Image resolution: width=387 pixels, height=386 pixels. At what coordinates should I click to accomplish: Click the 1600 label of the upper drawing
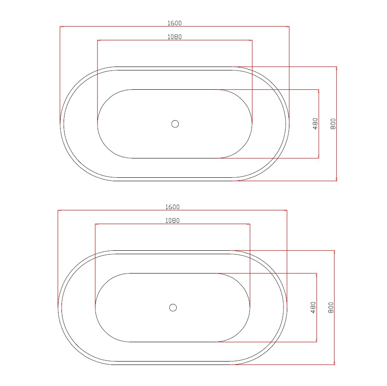tap(175, 23)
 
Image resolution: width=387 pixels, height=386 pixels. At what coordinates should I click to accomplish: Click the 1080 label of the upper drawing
tap(175, 37)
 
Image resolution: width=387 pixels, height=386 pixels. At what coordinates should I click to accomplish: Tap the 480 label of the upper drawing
tap(315, 124)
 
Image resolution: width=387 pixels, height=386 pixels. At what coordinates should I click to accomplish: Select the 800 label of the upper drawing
tap(333, 124)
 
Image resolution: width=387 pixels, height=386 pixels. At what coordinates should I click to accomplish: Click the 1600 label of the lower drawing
tap(172, 207)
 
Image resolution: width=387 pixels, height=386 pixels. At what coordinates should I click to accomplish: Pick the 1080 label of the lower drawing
tap(172, 221)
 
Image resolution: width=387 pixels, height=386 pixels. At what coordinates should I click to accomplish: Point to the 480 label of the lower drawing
tap(313, 307)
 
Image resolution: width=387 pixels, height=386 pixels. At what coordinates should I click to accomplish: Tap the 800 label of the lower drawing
tap(331, 307)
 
